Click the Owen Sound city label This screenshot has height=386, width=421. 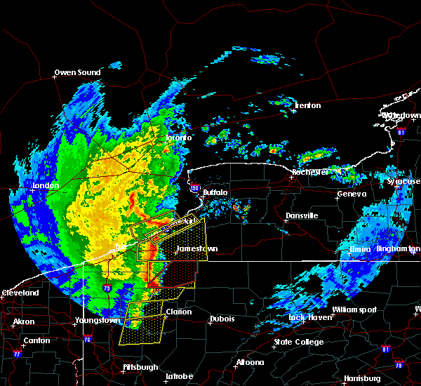coord(78,72)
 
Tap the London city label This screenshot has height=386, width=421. coord(44,186)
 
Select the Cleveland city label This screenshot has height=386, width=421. coord(20,293)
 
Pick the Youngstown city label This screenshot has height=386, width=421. coord(98,321)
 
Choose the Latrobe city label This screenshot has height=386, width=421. coord(179,376)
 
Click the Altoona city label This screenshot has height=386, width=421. coord(250,363)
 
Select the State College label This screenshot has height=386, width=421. coord(299,342)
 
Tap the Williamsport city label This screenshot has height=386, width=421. coord(354,310)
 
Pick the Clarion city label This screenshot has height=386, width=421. coord(179,312)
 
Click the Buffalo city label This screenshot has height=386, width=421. coord(215,192)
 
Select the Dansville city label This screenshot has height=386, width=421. coord(302,215)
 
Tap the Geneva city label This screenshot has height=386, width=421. coord(352,194)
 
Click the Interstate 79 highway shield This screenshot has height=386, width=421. coord(107,288)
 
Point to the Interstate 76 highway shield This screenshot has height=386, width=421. coord(87,340)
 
